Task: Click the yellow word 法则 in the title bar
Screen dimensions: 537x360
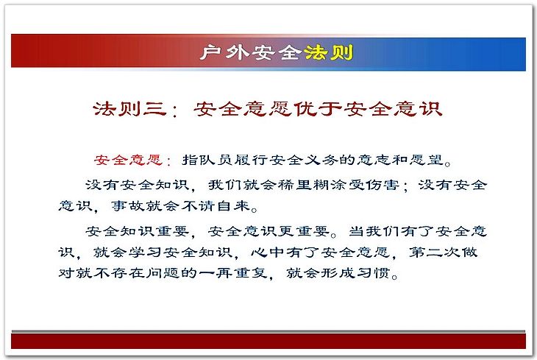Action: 328,52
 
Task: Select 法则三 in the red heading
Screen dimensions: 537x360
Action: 129,109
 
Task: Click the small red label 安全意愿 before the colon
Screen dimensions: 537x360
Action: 128,160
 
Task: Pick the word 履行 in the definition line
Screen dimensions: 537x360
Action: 251,160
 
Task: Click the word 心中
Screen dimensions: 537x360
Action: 268,253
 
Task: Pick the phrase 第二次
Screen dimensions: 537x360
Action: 435,253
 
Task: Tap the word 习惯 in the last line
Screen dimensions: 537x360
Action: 373,273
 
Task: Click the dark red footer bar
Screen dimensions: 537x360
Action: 268,341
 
